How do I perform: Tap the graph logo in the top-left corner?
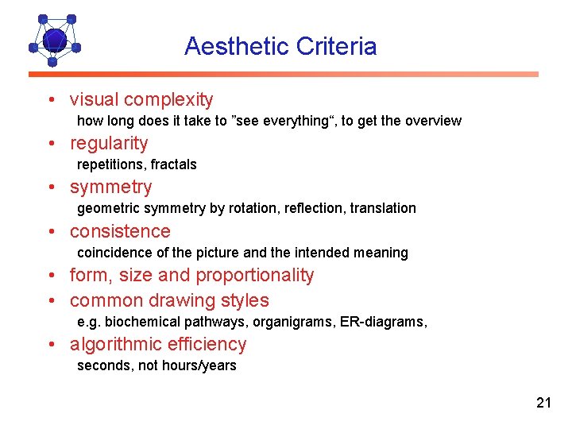tap(53, 40)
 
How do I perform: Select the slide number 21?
tap(543, 403)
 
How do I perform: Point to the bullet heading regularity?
tap(109, 144)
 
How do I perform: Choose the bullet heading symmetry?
tap(110, 187)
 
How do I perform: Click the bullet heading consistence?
tap(120, 231)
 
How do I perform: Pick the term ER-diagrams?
tap(388, 322)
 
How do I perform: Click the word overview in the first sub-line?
tap(433, 121)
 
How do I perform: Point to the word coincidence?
tap(114, 253)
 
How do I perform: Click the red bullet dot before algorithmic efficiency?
tap(51, 345)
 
